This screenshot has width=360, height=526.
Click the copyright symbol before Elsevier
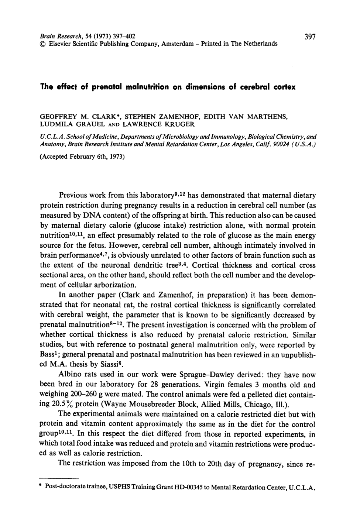(x=42, y=44)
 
